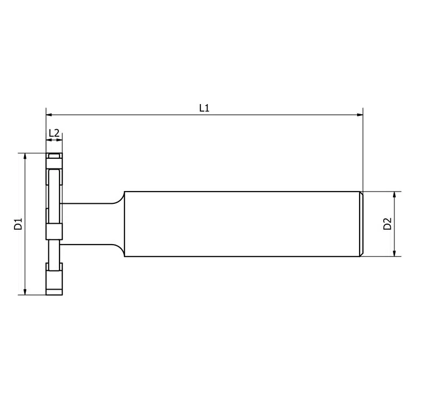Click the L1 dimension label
[x=204, y=108]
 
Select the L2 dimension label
[x=54, y=133]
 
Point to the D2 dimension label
[x=388, y=224]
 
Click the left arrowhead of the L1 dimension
[x=49, y=114]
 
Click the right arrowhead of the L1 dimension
[x=360, y=114]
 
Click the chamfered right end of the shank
[x=361, y=224]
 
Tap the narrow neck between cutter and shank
[x=86, y=224]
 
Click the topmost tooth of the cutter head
[x=54, y=156]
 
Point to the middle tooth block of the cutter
[x=54, y=232]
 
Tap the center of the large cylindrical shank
[x=241, y=224]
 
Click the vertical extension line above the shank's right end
[x=363, y=150]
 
